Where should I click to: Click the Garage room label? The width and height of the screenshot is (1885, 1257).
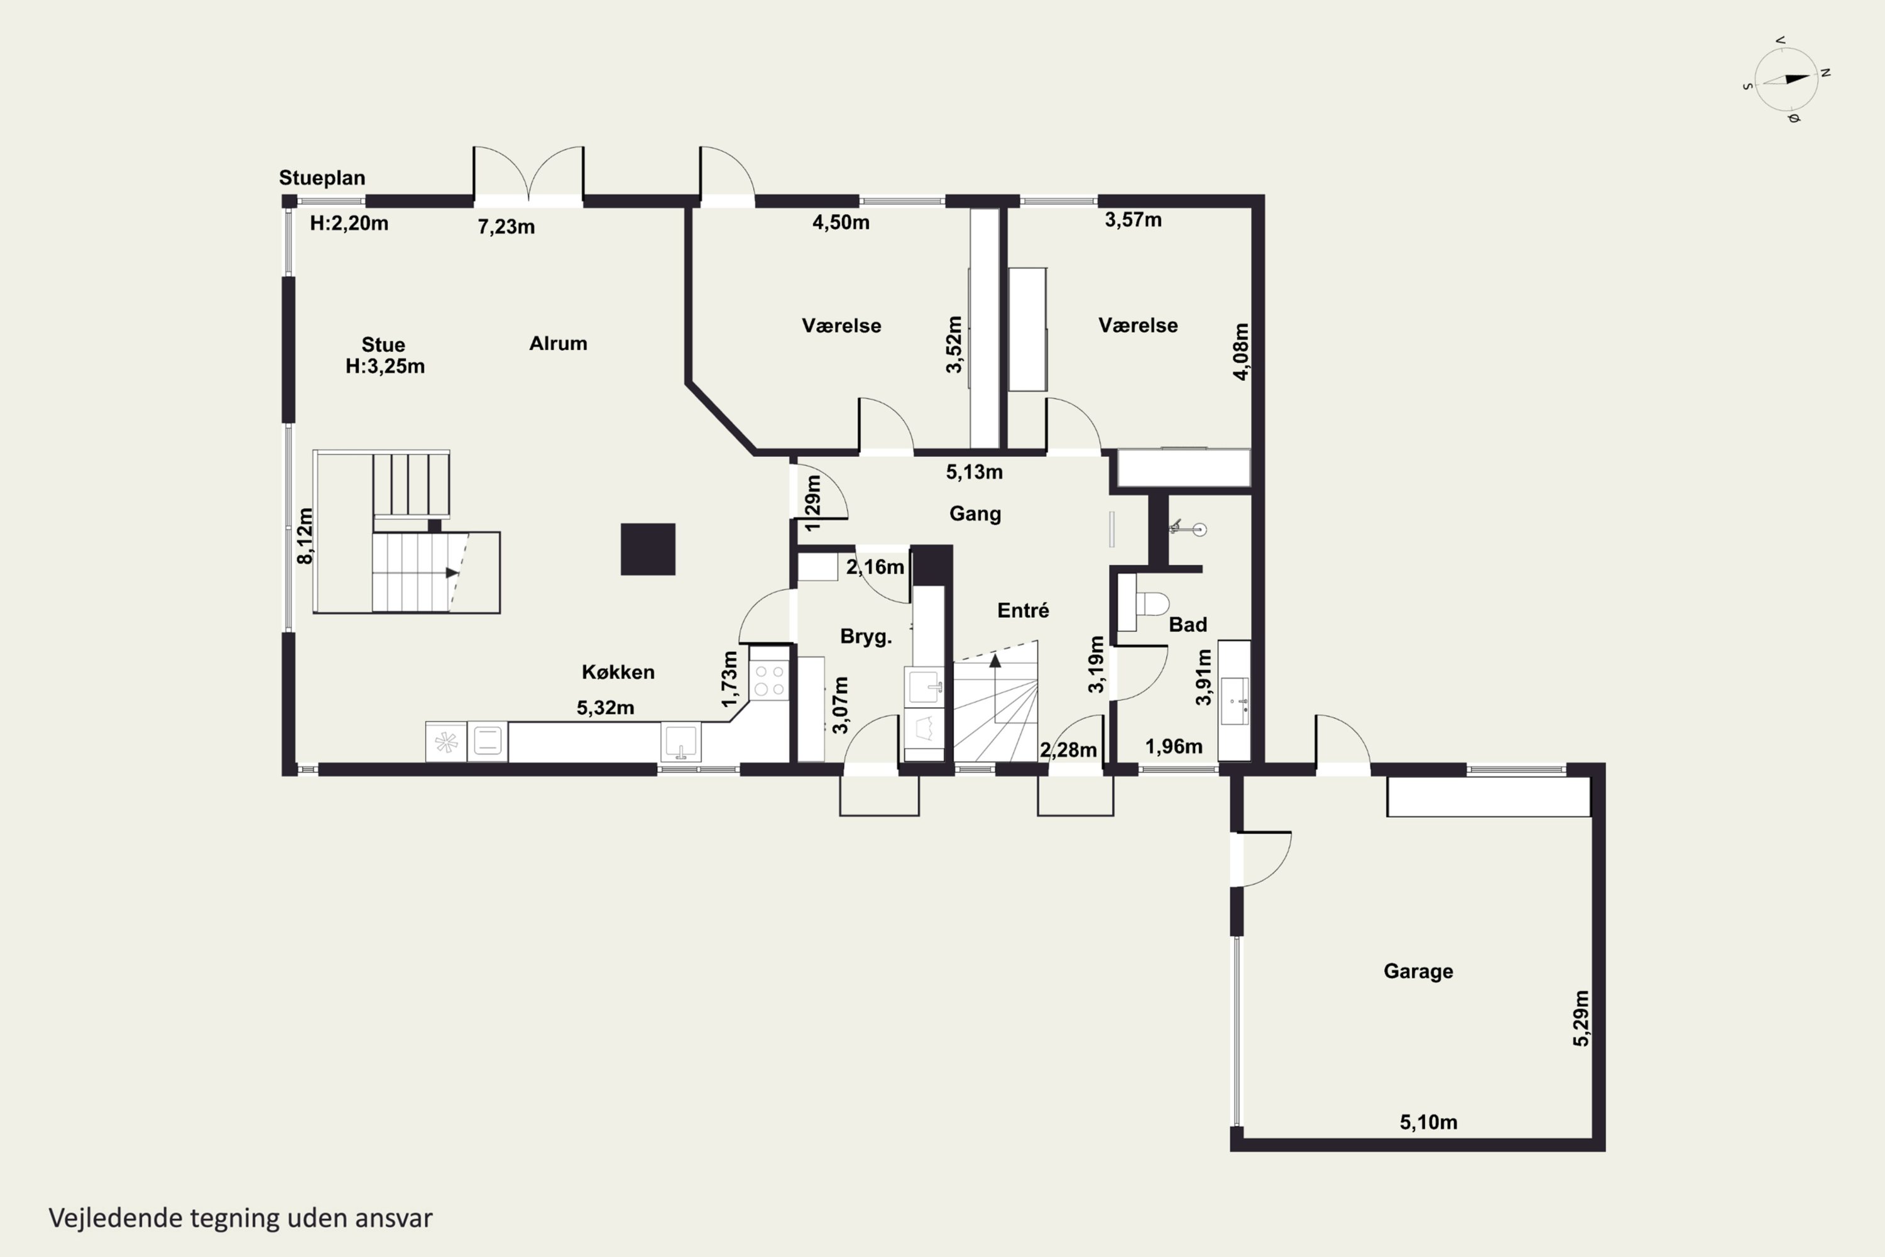[x=1418, y=971]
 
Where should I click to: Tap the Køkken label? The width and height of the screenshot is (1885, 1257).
[x=618, y=672]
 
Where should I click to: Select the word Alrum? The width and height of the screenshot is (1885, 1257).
[x=558, y=343]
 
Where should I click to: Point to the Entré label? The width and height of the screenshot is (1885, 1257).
[x=1023, y=610]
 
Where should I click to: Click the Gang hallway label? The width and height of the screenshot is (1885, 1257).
[x=975, y=514]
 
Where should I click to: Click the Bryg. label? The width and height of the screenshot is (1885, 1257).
[x=866, y=637]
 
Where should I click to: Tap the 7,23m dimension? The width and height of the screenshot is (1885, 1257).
[x=506, y=227]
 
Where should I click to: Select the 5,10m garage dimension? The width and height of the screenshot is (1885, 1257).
[x=1428, y=1123]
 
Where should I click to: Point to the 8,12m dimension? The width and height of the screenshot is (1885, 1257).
[x=305, y=535]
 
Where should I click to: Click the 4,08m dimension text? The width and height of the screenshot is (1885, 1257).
[x=1240, y=351]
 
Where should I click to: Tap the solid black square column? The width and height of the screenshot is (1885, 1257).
[x=648, y=549]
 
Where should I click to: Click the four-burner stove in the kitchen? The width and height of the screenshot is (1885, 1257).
[x=769, y=680]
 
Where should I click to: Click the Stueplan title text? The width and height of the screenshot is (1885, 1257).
[x=321, y=178]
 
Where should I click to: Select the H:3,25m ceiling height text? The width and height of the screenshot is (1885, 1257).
[x=385, y=366]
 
